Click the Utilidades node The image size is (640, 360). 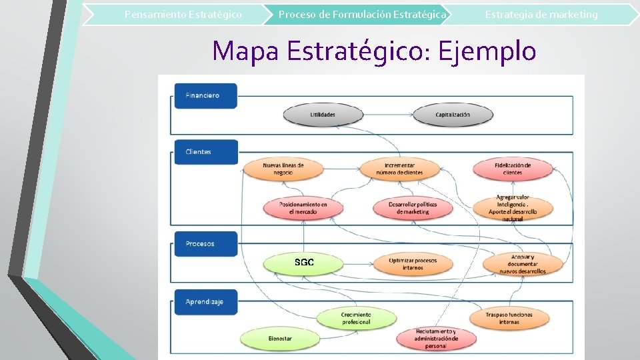(x=323, y=115)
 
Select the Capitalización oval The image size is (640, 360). (x=453, y=115)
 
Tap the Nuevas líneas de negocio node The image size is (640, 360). (x=283, y=169)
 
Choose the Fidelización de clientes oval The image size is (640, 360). (x=513, y=169)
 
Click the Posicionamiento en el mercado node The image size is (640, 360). (x=303, y=208)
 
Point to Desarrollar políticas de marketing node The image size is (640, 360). (x=413, y=208)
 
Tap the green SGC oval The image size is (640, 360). (x=304, y=263)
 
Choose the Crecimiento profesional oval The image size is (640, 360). (x=356, y=318)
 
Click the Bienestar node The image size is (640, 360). (x=280, y=339)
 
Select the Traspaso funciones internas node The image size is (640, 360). (x=509, y=318)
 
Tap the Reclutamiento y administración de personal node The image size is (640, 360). (x=436, y=338)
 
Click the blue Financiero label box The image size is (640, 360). (x=205, y=95)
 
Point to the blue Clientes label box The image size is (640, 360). (x=205, y=152)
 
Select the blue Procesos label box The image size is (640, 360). (x=205, y=244)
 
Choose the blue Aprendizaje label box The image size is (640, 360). (x=205, y=302)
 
